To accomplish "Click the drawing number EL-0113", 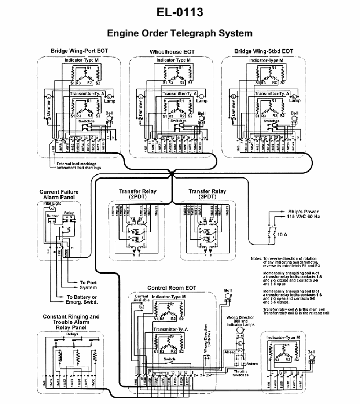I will point(180,12).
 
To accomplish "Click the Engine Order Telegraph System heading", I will point(180,33).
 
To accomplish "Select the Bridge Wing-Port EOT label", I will point(79,51).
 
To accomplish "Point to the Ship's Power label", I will point(302,211).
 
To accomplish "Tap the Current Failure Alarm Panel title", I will point(58,194).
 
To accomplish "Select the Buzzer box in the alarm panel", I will point(53,216).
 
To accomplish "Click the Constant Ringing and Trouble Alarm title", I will point(71,319).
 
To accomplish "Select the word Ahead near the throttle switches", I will point(229,352).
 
